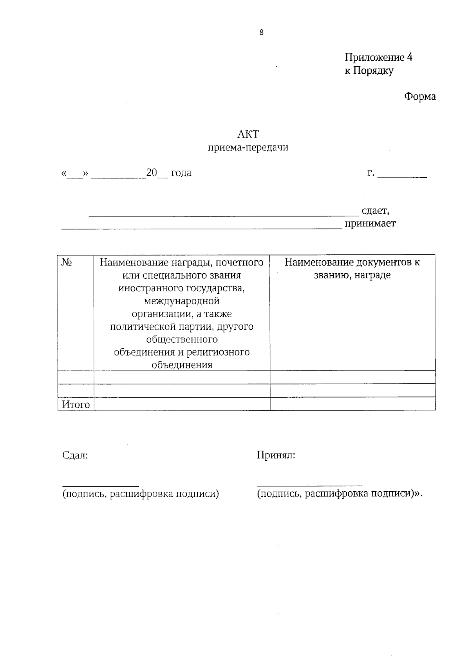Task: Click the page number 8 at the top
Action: pyautogui.click(x=261, y=33)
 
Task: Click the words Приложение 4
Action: pyautogui.click(x=378, y=58)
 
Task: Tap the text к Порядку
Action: pyautogui.click(x=369, y=71)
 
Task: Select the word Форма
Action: pyautogui.click(x=420, y=96)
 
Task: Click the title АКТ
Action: pyautogui.click(x=248, y=134)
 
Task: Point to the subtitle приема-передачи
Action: pyautogui.click(x=248, y=147)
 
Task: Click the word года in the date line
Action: pyautogui.click(x=181, y=173)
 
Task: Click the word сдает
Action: pyautogui.click(x=375, y=211)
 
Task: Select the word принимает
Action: pyautogui.click(x=370, y=223)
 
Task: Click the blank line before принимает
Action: pyautogui.click(x=202, y=228)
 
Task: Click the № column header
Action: pyautogui.click(x=67, y=262)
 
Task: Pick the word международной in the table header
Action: pyautogui.click(x=182, y=301)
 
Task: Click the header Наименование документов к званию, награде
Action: pyautogui.click(x=352, y=268)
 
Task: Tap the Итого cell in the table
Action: pyautogui.click(x=76, y=404)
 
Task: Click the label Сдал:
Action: pyautogui.click(x=75, y=455)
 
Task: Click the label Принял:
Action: pyautogui.click(x=276, y=455)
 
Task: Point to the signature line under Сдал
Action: pyautogui.click(x=101, y=486)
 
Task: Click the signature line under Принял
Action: pyautogui.click(x=309, y=486)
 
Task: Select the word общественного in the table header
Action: pyautogui.click(x=182, y=339)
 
